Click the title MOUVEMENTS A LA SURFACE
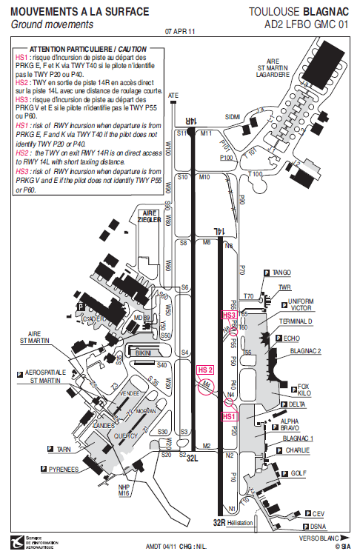pos(80,12)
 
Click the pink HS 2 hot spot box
pos(205,370)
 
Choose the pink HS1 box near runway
pos(230,417)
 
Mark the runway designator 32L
pos(193,458)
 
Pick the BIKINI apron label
pos(144,354)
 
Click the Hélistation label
pos(241,522)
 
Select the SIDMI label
pos(233,116)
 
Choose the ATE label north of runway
pos(173,96)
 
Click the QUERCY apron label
pos(126,436)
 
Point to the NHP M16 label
pos(124,490)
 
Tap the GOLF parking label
pos(299,472)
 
